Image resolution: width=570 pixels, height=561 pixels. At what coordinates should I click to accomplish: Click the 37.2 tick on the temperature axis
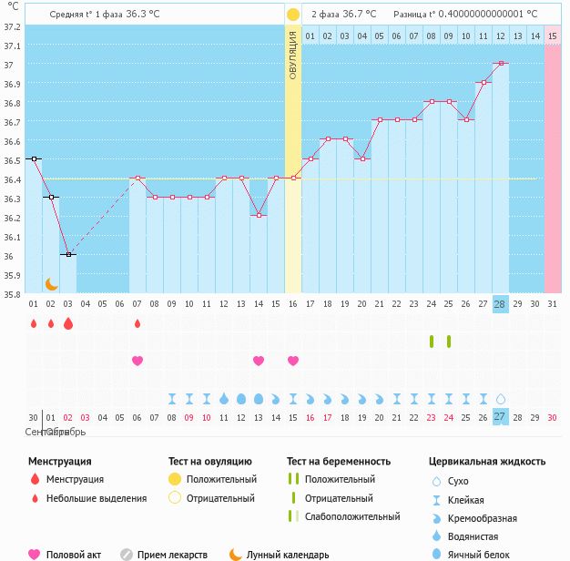[x=12, y=26]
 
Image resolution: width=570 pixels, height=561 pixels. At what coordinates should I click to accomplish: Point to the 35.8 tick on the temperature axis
[x=12, y=294]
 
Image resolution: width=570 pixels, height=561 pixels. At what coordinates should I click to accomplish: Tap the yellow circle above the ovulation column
[x=293, y=15]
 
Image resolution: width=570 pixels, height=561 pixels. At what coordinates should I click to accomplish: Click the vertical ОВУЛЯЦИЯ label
[x=293, y=55]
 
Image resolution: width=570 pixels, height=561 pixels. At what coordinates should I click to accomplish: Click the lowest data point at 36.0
[x=67, y=255]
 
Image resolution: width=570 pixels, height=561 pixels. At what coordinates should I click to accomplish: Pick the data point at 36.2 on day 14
[x=259, y=216]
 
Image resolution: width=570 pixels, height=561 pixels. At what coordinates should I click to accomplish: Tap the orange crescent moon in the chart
[x=53, y=283]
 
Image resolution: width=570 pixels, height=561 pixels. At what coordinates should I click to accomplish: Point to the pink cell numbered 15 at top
[x=553, y=36]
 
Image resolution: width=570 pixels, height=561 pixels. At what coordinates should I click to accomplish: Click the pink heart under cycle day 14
[x=259, y=361]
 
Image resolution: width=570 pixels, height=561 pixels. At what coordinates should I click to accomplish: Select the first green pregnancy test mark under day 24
[x=432, y=342]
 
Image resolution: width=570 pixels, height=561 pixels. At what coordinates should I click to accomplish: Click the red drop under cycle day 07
[x=137, y=323]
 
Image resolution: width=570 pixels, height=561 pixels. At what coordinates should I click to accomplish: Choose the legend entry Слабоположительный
[x=351, y=516]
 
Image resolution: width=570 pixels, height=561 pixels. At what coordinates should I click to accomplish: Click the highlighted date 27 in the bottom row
[x=500, y=416]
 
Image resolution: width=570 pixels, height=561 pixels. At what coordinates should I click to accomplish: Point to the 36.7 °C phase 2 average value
[x=359, y=15]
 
